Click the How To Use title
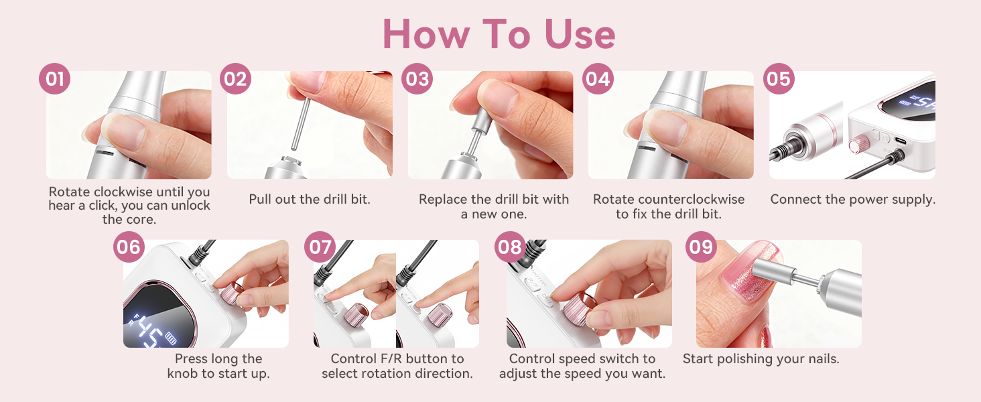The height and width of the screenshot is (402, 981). click(x=499, y=33)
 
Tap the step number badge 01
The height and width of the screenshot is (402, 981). click(x=54, y=80)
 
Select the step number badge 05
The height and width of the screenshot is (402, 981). click(x=778, y=80)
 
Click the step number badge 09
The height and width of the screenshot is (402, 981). click(x=701, y=247)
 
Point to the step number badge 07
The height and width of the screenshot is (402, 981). click(x=320, y=247)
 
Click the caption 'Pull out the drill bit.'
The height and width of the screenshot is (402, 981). click(x=310, y=199)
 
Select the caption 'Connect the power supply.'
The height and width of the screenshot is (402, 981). click(x=852, y=199)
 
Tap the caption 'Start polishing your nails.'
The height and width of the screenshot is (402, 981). click(x=761, y=359)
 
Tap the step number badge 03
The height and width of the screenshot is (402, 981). click(x=417, y=80)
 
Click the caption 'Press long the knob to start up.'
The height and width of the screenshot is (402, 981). click(x=218, y=366)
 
